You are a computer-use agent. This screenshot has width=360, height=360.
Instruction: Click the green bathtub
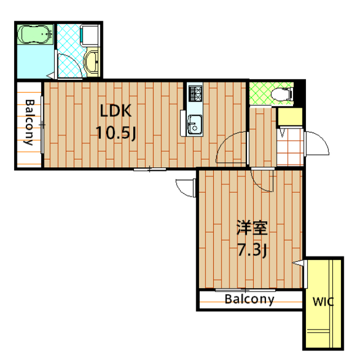coord(35,34)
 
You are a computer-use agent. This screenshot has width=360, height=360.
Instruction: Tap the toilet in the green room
coord(282,94)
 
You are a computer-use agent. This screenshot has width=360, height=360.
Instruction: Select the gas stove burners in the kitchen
coord(195,93)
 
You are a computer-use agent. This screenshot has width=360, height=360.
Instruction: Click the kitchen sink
coord(195,125)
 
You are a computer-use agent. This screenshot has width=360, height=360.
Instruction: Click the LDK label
coord(116,111)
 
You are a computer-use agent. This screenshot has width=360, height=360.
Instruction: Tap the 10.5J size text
coord(116,133)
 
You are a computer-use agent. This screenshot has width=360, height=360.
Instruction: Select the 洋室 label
coord(252,228)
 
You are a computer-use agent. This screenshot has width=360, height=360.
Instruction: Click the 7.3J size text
coord(252,250)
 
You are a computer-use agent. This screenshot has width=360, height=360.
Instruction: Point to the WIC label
coord(323,301)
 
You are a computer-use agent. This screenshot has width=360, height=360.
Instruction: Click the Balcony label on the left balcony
coord(29,123)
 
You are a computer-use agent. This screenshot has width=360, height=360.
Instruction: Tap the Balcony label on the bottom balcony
coord(250,299)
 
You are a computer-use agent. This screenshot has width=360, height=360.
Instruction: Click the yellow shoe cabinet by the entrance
coord(290,116)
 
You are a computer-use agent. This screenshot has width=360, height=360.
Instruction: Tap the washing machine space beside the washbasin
coord(90,35)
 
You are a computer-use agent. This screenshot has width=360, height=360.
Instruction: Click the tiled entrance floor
coord(290,147)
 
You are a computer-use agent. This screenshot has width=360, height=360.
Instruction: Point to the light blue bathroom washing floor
coord(35,61)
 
